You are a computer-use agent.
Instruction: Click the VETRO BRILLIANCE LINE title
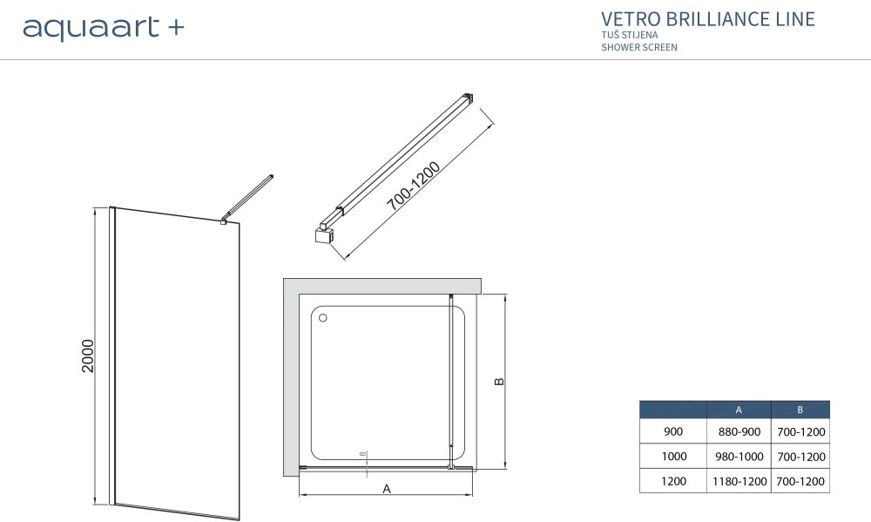tap(708, 18)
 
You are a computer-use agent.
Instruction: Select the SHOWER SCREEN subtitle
tap(638, 47)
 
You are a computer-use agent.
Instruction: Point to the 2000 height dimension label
tap(87, 356)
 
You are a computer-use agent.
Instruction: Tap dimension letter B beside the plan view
tap(498, 382)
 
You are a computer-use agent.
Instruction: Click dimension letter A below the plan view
tap(387, 489)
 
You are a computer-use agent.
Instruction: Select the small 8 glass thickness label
tap(363, 454)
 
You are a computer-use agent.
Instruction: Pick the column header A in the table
tap(738, 410)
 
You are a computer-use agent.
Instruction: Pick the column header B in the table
tap(800, 410)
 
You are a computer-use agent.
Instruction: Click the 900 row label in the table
tap(673, 431)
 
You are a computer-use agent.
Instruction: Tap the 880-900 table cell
tap(738, 431)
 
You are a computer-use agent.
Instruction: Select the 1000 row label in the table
tap(673, 456)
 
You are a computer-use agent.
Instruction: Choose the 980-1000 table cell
tap(738, 456)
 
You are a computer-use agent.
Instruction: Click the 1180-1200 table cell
tap(738, 480)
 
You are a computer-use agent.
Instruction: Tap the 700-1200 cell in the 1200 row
tap(800, 480)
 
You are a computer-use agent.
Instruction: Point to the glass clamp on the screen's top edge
tap(224, 223)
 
